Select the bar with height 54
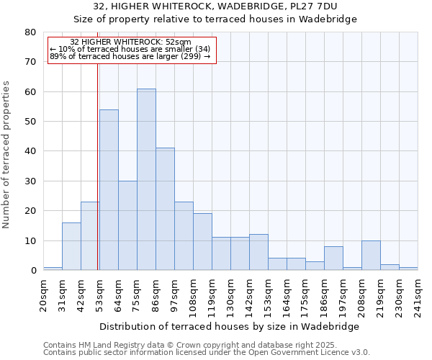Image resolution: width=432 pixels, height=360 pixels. tap(109, 190)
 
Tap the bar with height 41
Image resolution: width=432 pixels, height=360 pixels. tap(165, 209)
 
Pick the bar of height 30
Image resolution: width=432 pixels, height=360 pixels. tap(127, 225)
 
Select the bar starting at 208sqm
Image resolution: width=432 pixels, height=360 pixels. tap(371, 256)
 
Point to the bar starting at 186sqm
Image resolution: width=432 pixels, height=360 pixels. tap(333, 258)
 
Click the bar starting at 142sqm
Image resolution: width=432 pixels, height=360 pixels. tap(258, 252)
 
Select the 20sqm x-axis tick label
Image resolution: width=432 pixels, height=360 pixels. tap(43, 294)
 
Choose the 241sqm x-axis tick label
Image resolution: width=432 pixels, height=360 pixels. tap(418, 294)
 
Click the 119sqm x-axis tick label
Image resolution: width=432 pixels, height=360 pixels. tap(212, 294)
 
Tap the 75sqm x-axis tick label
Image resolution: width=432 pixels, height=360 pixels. tap(137, 294)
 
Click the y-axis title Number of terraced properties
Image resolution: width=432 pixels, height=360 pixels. tap(6, 154)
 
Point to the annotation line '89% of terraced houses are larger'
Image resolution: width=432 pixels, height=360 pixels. tap(130, 56)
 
